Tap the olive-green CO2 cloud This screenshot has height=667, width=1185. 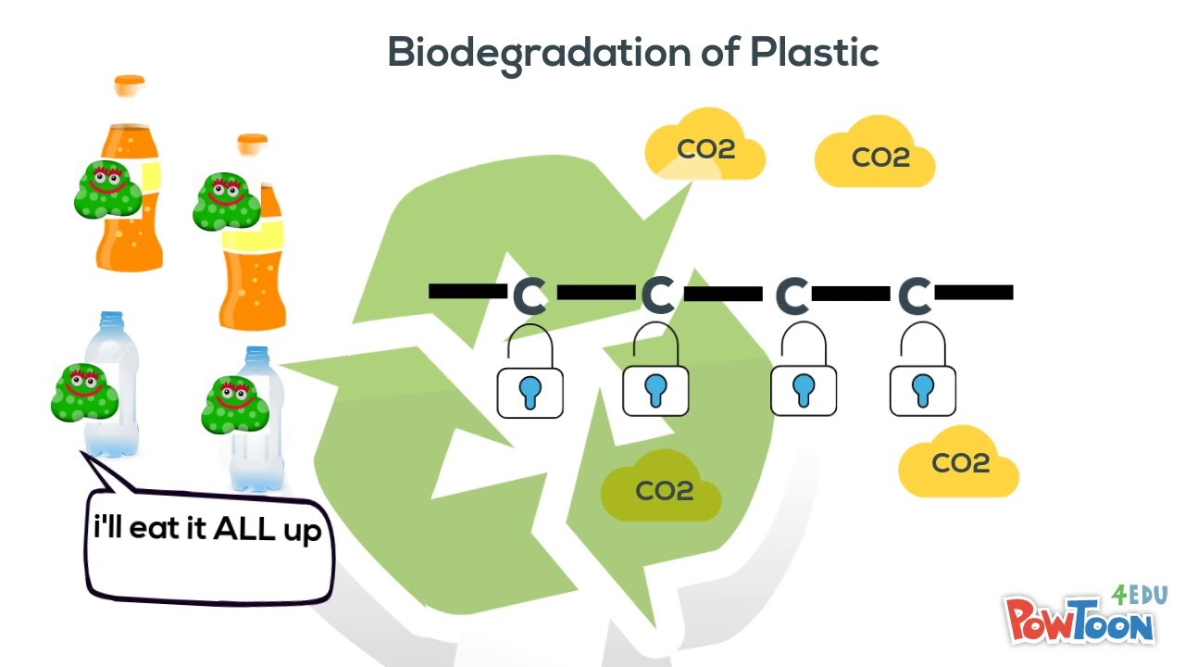(661, 487)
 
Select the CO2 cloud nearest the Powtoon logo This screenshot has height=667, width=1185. (958, 462)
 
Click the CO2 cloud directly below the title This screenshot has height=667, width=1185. (705, 147)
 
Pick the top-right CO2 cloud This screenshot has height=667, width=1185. (876, 155)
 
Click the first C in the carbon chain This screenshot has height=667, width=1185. (530, 295)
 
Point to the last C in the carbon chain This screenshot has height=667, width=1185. (915, 295)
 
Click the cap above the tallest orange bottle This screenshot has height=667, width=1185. (130, 85)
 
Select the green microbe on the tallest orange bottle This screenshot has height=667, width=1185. (107, 189)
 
